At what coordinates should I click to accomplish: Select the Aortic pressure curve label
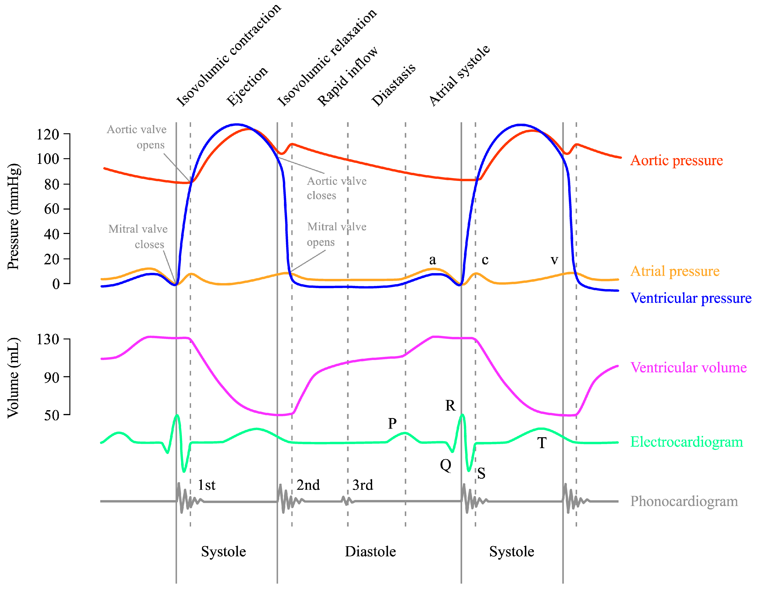(x=676, y=160)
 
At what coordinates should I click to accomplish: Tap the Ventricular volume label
(x=688, y=368)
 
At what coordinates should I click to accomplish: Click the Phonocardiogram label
(x=684, y=501)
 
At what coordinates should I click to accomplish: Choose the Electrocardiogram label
(x=686, y=442)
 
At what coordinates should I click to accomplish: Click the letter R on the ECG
(x=450, y=406)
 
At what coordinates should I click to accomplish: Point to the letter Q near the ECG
(x=445, y=465)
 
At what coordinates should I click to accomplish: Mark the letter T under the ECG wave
(x=541, y=443)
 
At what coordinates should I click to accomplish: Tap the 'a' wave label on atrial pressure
(x=432, y=260)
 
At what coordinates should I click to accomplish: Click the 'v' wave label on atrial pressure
(x=554, y=260)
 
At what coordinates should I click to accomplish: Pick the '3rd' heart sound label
(x=363, y=485)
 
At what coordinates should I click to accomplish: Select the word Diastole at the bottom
(x=370, y=552)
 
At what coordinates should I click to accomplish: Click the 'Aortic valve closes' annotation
(x=336, y=188)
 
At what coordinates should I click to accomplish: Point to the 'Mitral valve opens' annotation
(x=336, y=234)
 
